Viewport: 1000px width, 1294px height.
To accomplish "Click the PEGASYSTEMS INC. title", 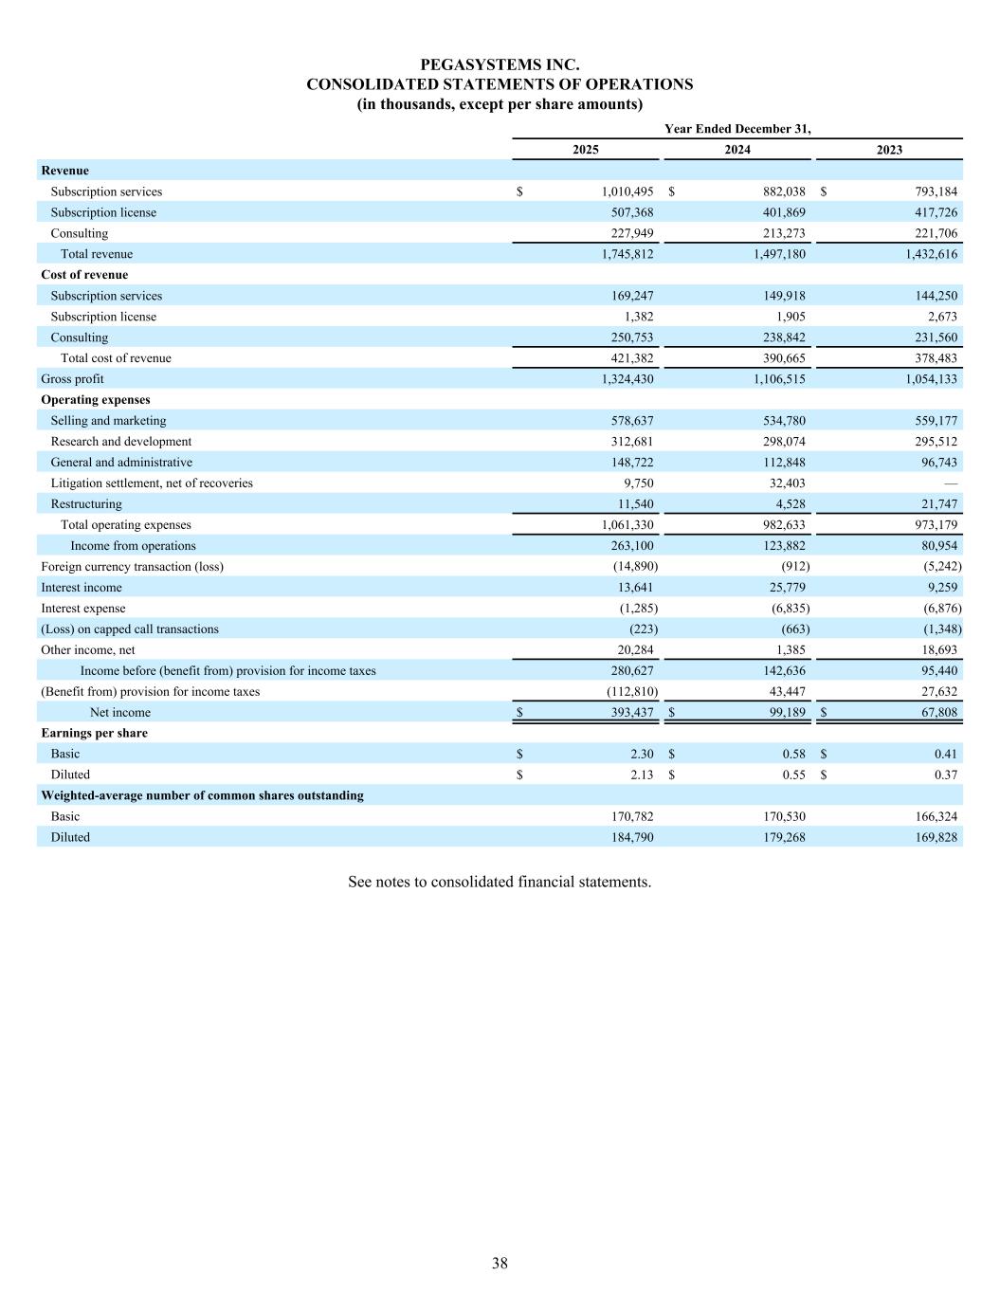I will coord(500,64).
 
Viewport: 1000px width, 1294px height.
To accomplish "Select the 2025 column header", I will coord(585,150).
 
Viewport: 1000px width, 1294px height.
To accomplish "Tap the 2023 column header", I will coord(889,150).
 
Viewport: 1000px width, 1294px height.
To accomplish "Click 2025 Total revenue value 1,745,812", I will coord(627,254).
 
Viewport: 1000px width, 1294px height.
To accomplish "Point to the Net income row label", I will coord(119,713).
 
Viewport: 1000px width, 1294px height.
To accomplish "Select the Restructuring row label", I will coord(86,504).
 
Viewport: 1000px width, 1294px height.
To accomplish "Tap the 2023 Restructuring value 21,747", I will coord(934,504).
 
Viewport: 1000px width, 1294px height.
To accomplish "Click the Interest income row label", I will coord(82,588).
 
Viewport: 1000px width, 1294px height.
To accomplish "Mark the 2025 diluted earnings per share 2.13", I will coord(642,775).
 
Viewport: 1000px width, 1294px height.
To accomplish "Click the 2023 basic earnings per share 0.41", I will coord(945,755).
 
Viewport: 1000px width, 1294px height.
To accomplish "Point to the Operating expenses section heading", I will coord(96,400).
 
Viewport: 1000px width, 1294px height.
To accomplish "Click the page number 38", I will coord(500,1263).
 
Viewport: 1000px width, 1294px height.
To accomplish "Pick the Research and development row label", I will coord(120,442).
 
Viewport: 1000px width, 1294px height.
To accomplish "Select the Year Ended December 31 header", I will coord(737,129).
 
